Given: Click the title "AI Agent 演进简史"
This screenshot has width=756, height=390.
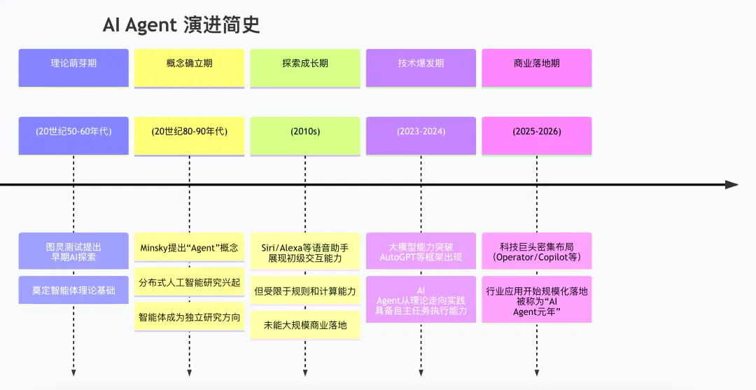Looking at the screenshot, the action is pos(181,25).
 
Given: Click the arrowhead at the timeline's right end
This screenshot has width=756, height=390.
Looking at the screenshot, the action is pos(731,185).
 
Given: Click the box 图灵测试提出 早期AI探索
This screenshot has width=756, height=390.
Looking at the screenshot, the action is pos(73,251).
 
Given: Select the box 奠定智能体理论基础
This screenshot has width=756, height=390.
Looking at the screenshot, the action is pos(73,290).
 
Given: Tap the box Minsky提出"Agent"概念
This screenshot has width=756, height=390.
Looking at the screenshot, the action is pos(189,247).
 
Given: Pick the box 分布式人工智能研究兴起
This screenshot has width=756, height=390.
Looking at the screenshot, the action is pos(189,282).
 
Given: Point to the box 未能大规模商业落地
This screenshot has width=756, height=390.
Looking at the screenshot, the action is pos(305,325).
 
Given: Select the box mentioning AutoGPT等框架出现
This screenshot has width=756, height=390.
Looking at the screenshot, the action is pos(421,251).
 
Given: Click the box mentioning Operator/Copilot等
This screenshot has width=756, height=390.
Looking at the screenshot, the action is pos(537,251).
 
